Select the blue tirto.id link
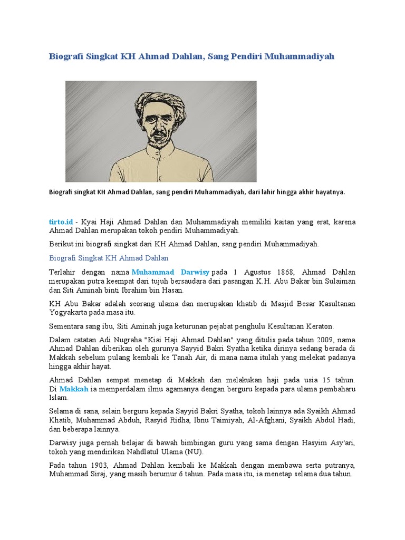point(61,222)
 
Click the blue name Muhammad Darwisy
point(170,272)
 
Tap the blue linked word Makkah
point(74,389)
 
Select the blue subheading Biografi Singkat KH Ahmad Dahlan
point(109,258)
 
